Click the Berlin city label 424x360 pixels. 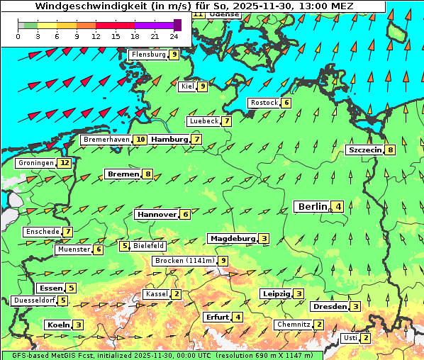click(x=312, y=207)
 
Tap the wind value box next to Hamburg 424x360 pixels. click(x=196, y=140)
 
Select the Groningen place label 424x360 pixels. click(x=35, y=163)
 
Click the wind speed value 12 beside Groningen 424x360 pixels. click(x=65, y=163)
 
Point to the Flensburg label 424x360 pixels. click(x=148, y=55)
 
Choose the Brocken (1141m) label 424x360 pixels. click(x=184, y=261)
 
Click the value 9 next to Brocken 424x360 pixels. click(x=223, y=261)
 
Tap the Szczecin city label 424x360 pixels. click(x=365, y=150)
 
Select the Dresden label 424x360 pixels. click(x=330, y=307)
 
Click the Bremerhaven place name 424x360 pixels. click(x=106, y=140)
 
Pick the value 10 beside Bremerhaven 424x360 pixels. click(x=141, y=140)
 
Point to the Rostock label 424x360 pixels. click(x=264, y=103)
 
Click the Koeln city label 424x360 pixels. click(x=57, y=325)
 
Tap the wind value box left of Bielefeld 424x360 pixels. click(x=125, y=246)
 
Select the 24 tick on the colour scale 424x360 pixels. click(x=174, y=36)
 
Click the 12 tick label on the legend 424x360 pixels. click(x=96, y=36)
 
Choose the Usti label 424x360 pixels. click(x=350, y=338)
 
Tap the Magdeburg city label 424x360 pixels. click(x=232, y=239)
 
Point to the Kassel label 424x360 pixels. click(x=155, y=294)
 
